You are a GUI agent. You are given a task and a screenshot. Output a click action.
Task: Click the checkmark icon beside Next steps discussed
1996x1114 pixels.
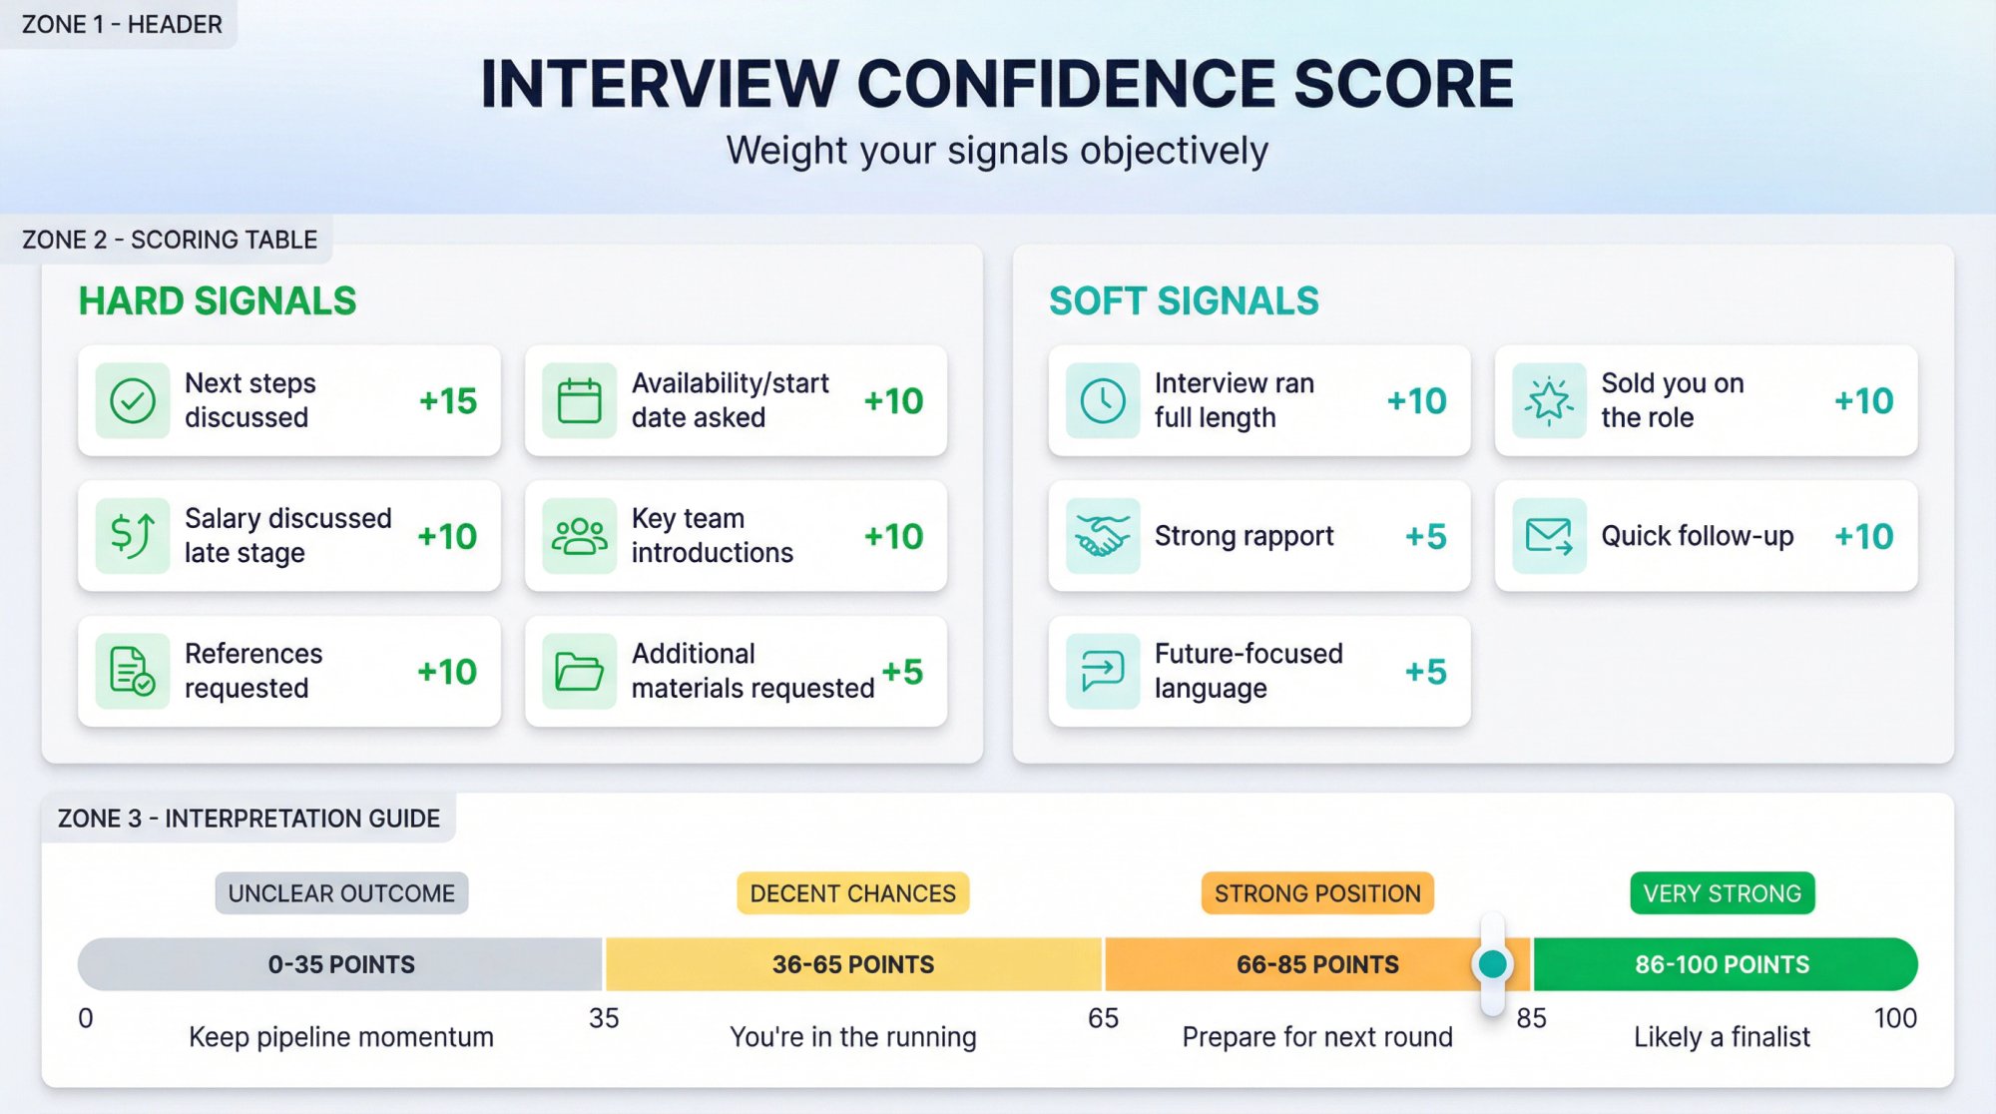pos(132,400)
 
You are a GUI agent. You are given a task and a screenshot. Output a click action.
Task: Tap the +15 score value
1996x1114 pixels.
pos(448,400)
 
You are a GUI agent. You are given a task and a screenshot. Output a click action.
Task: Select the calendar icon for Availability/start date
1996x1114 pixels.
pos(579,400)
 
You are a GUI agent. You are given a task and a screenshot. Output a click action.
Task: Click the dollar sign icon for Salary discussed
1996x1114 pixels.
pos(132,536)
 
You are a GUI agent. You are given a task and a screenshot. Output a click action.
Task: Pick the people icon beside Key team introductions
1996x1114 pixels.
pos(579,536)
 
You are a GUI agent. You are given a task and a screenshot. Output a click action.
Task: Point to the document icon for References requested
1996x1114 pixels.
pos(132,671)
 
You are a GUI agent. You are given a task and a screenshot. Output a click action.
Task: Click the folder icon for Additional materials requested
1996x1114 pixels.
pos(579,671)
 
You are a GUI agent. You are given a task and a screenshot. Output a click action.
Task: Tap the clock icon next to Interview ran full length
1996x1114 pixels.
pos(1102,400)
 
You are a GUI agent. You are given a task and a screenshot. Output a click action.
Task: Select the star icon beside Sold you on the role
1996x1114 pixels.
pos(1549,400)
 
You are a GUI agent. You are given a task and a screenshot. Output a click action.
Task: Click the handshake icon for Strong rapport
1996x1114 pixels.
pos(1102,536)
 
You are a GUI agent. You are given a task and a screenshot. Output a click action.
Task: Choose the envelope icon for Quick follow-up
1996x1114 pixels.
pos(1549,536)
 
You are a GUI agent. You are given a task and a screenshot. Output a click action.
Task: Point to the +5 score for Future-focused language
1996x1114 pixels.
pos(1425,671)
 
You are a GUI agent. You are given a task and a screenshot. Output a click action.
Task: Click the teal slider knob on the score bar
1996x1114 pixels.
pos(1492,963)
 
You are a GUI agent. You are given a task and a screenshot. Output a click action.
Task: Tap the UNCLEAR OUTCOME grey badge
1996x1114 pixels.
pos(341,893)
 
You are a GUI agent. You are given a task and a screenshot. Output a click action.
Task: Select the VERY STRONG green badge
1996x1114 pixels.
pos(1722,893)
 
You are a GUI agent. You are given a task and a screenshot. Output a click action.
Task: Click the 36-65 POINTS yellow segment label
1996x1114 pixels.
pos(853,964)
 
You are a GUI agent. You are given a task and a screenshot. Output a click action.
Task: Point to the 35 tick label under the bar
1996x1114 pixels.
pos(604,1018)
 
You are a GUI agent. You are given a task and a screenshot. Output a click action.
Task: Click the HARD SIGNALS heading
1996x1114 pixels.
pos(218,300)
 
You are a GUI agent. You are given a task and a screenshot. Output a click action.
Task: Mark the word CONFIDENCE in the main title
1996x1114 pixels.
pos(1065,84)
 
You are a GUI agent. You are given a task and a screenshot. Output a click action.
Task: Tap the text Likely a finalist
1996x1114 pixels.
pos(1722,1037)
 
